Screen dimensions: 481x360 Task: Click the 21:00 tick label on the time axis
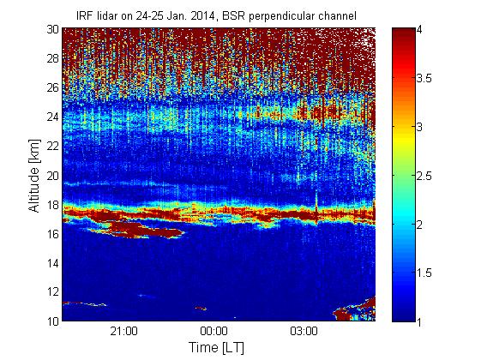pos(123,332)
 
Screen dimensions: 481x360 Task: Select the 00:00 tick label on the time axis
pos(213,332)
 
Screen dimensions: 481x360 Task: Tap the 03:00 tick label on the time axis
pos(304,332)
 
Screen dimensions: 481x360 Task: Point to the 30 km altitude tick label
pos(52,29)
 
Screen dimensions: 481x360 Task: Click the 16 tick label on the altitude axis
pos(52,234)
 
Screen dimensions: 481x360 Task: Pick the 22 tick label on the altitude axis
pos(52,146)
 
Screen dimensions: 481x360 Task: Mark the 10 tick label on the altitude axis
pos(52,321)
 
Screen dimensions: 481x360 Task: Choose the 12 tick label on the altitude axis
pos(52,291)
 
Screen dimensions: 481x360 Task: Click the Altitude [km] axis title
pos(34,176)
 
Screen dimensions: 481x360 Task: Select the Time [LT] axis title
pos(217,348)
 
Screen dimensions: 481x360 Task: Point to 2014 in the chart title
pos(202,15)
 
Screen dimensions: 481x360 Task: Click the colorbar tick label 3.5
pos(424,78)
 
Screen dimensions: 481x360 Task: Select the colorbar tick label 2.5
pos(424,176)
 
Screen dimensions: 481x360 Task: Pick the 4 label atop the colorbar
pos(419,29)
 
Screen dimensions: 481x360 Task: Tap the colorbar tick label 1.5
pos(424,273)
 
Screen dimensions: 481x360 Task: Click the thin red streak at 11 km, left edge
pos(83,304)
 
